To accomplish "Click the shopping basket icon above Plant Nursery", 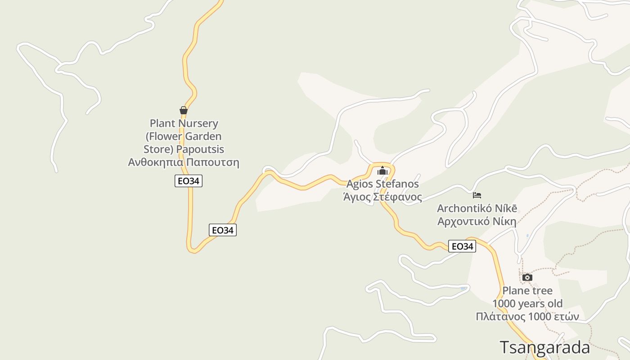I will (183, 110).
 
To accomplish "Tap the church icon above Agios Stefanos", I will (382, 171).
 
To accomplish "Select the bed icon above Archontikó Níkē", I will (477, 195).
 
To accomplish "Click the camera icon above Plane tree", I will (527, 277).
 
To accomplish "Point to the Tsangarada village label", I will (544, 347).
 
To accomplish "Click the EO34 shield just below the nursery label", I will (189, 181).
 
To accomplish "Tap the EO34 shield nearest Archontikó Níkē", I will (462, 246).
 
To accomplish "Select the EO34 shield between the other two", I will (223, 230).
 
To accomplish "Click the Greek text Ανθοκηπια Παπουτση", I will (184, 162).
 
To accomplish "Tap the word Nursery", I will (198, 123).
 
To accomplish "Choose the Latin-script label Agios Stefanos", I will (382, 184).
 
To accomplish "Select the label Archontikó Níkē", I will (477, 208).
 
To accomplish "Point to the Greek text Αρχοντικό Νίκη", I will (477, 221).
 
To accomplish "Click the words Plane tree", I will (527, 290).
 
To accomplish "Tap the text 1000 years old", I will (527, 303).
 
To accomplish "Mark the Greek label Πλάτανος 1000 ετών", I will (527, 316).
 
